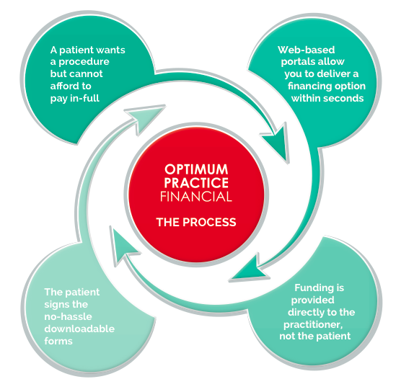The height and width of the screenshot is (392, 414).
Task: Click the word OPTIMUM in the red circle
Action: click(195, 169)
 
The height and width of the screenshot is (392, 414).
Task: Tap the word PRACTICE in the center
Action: click(195, 182)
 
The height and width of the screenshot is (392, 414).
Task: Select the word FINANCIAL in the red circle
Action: click(195, 196)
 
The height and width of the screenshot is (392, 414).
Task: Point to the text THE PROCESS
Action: click(195, 222)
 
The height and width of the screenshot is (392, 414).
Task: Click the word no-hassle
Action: click(71, 316)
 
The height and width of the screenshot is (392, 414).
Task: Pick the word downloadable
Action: click(79, 329)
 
